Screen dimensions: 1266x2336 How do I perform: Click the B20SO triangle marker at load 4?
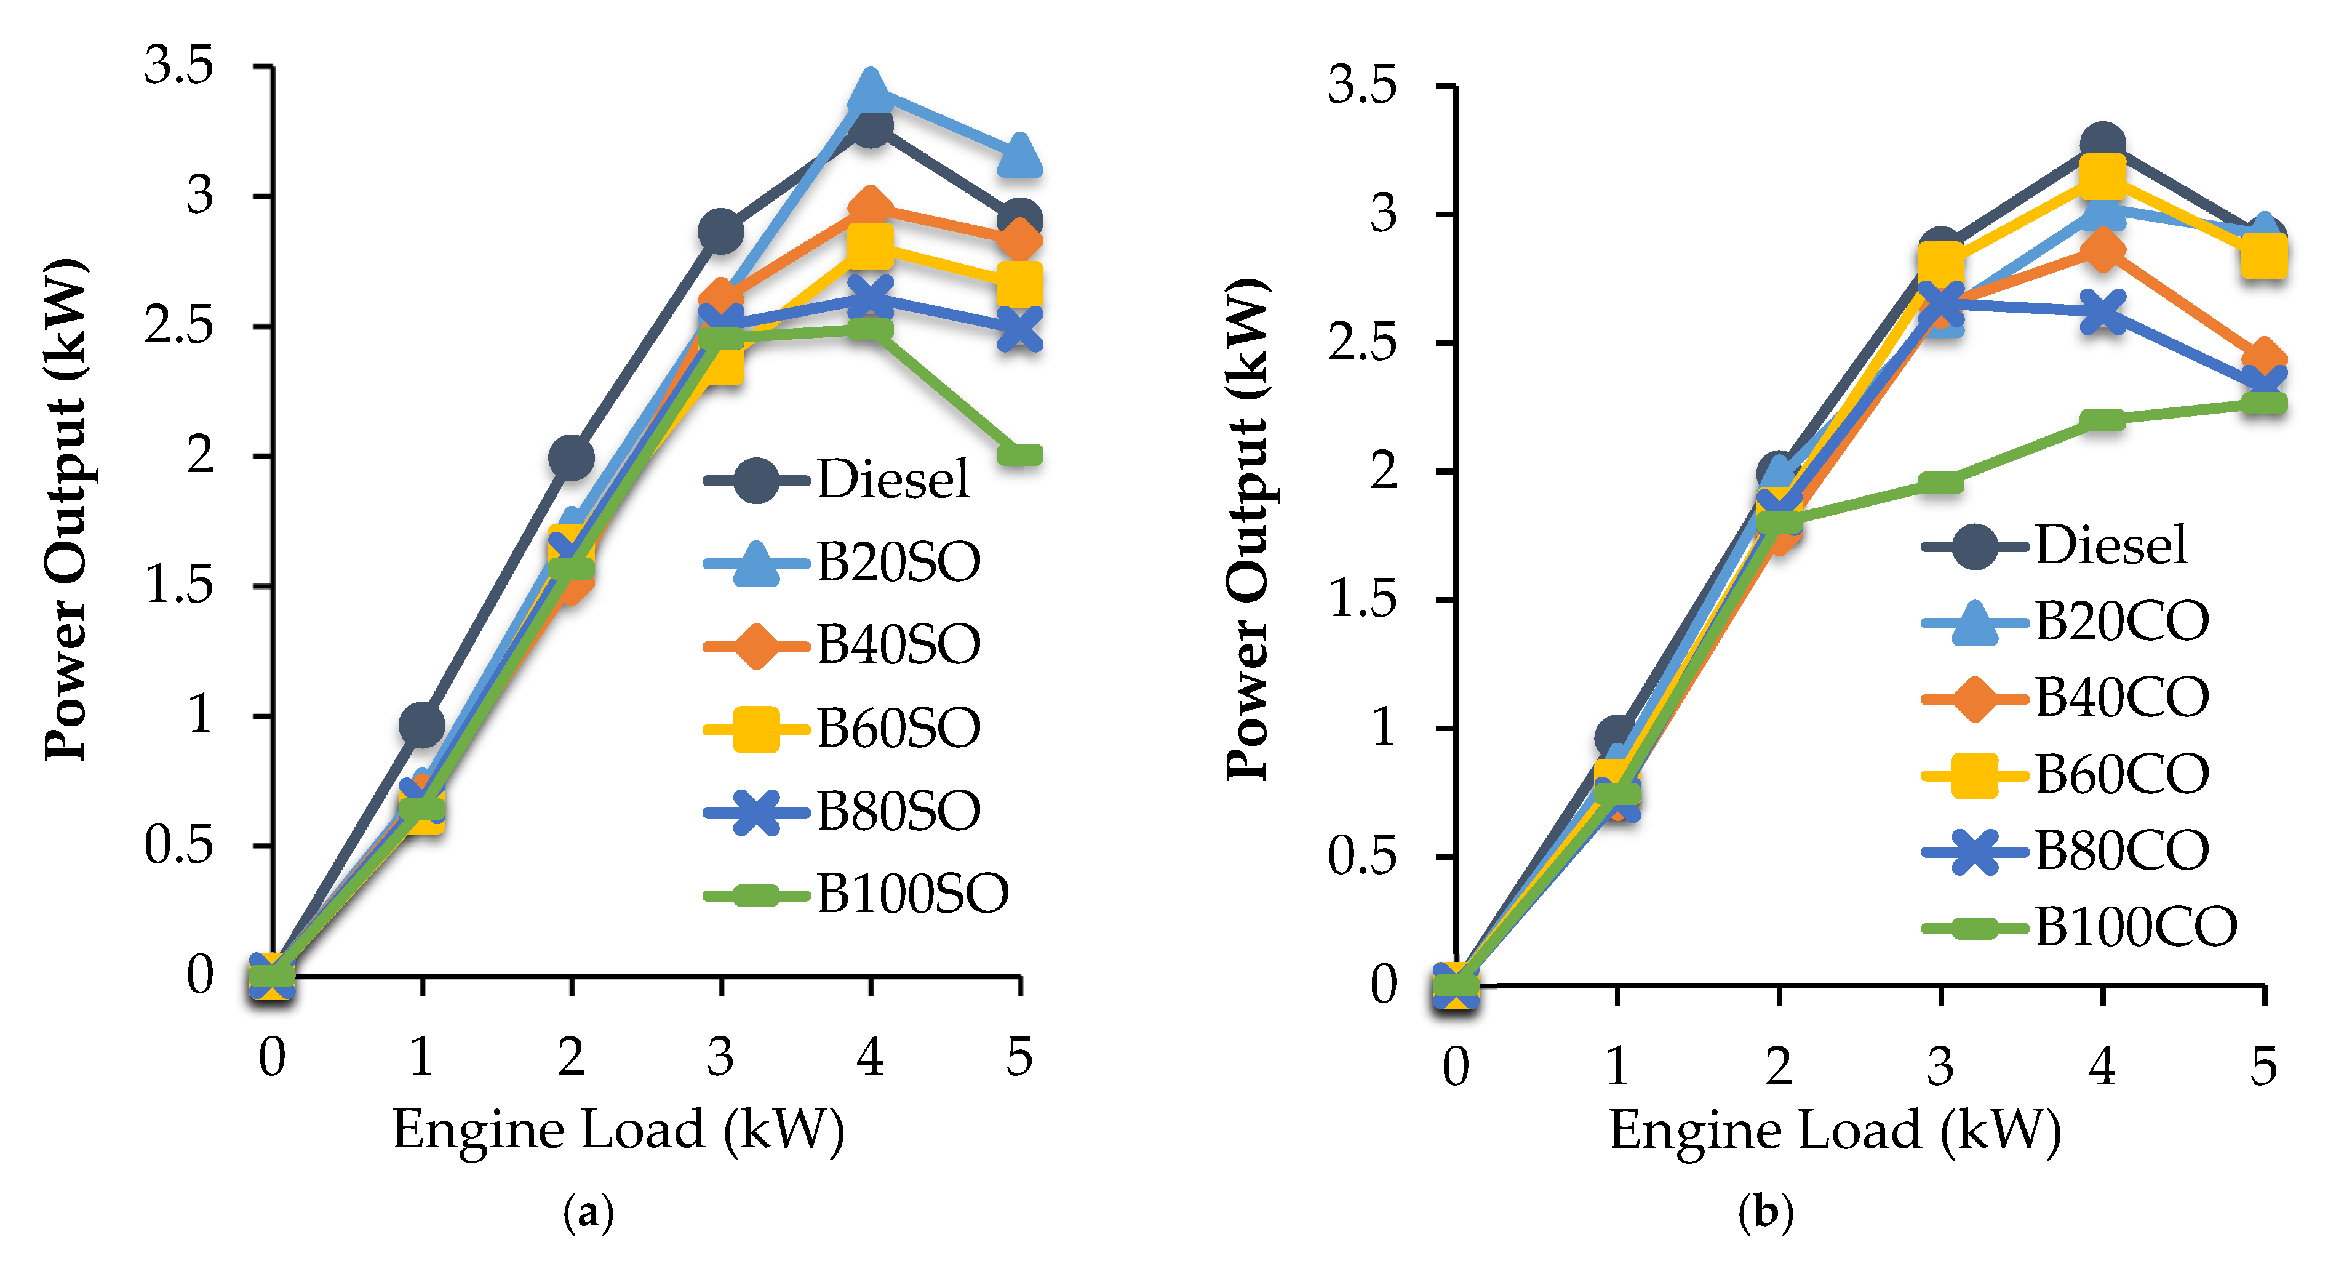pyautogui.click(x=871, y=89)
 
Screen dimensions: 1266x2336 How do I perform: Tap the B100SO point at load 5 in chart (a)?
pyautogui.click(x=1019, y=454)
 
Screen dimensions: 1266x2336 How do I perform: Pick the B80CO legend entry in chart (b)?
pyautogui.click(x=2121, y=851)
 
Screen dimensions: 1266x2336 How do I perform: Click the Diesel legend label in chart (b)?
pyautogui.click(x=2110, y=546)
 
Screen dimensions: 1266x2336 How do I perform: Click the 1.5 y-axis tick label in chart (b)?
pyautogui.click(x=1362, y=599)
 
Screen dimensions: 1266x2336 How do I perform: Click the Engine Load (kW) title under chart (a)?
pyautogui.click(x=618, y=1130)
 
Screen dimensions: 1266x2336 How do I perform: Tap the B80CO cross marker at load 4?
pyautogui.click(x=2102, y=312)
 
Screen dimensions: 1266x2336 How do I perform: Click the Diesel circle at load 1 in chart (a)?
pyautogui.click(x=421, y=724)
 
